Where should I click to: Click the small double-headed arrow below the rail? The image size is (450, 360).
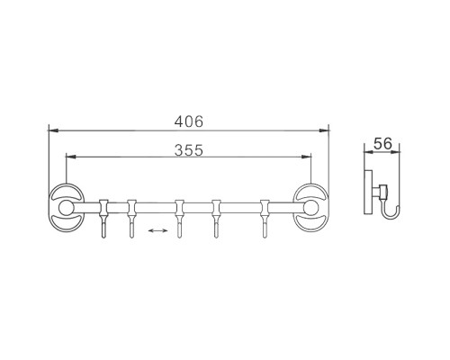point(157,231)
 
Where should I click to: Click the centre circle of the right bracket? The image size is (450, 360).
point(314,209)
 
